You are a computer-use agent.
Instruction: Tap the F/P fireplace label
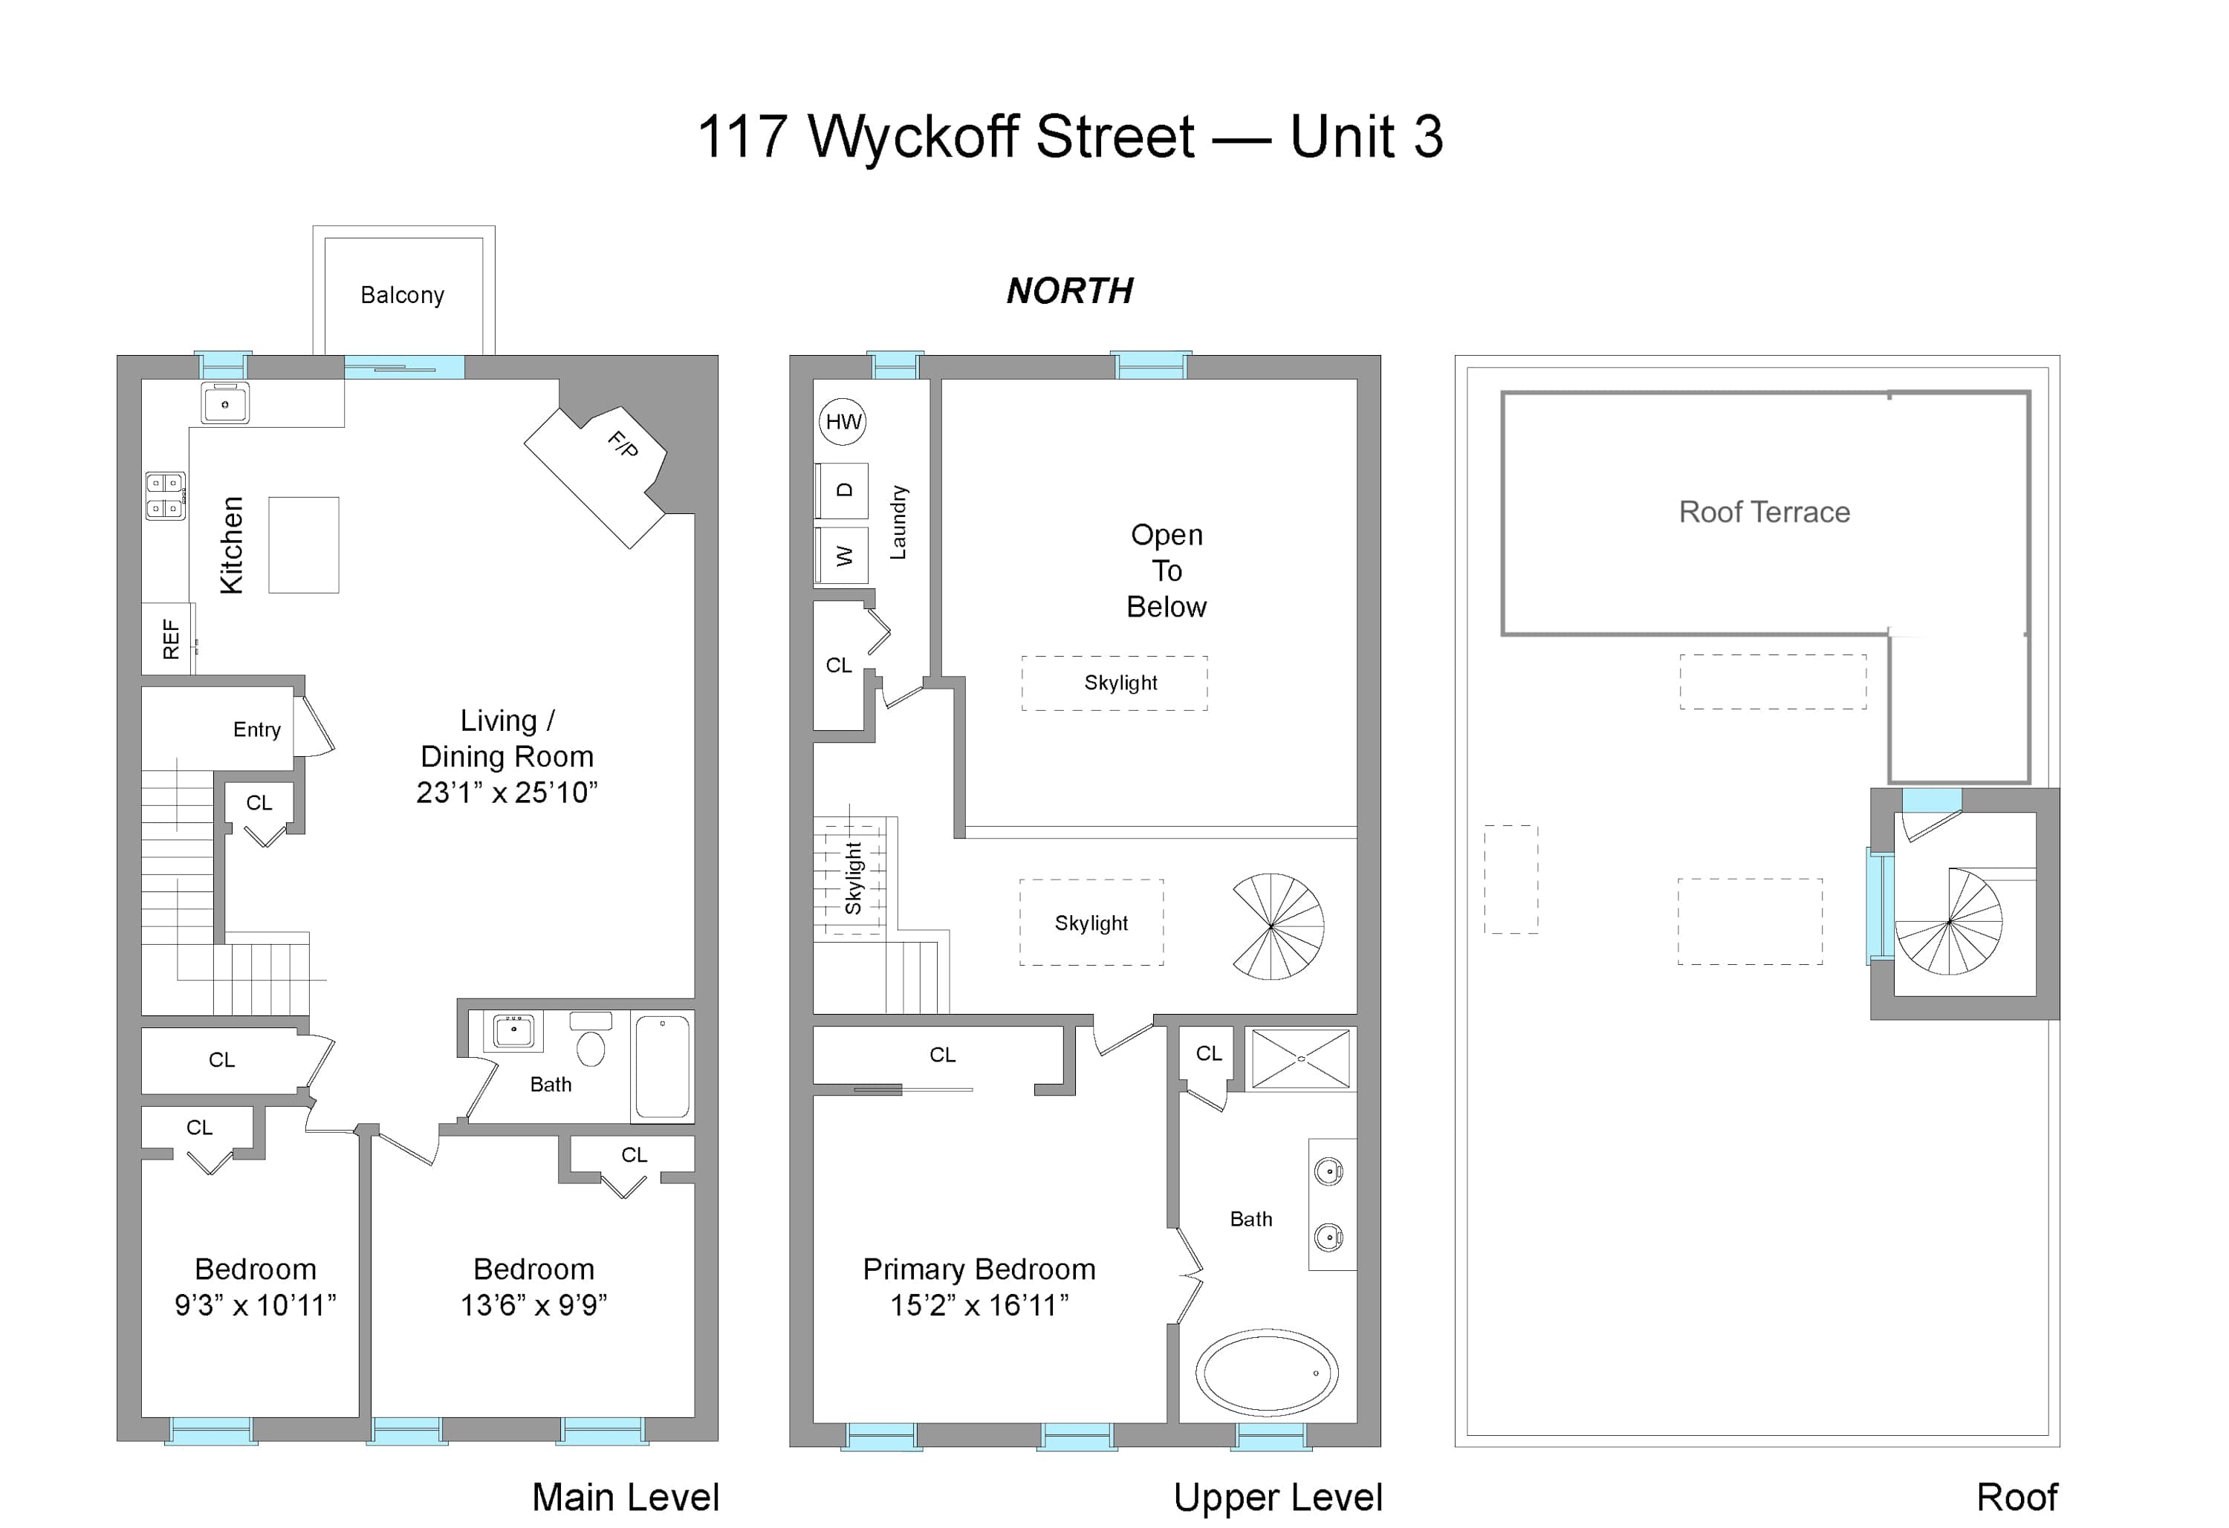click(x=623, y=443)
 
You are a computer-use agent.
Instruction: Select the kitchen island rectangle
click(x=303, y=544)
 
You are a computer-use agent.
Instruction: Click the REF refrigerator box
click(x=169, y=639)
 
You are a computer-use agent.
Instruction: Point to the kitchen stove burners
click(x=165, y=496)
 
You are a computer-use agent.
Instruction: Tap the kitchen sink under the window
click(x=225, y=404)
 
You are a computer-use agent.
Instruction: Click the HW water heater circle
click(x=843, y=422)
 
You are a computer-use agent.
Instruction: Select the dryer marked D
click(x=842, y=491)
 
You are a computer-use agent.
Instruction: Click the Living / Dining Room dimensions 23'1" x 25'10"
click(x=507, y=793)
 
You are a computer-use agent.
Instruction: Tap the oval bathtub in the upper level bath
click(x=1266, y=1372)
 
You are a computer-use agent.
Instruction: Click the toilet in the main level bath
click(x=591, y=1040)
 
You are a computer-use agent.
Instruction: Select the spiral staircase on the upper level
click(x=1277, y=926)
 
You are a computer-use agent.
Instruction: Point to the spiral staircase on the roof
click(x=1949, y=921)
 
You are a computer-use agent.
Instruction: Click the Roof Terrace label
click(x=1764, y=513)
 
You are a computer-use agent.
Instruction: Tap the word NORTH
click(x=1069, y=290)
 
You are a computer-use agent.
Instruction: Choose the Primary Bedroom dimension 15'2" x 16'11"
click(x=979, y=1305)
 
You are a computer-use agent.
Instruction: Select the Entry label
click(x=257, y=730)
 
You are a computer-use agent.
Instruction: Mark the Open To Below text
click(x=1167, y=570)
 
